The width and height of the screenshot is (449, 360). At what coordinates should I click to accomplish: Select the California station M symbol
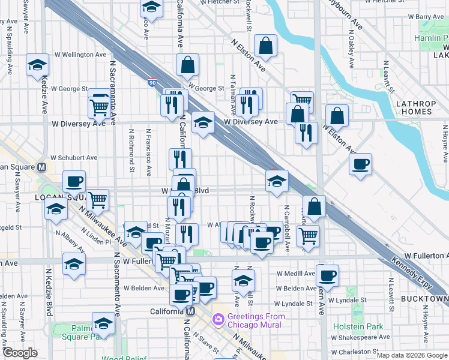190,311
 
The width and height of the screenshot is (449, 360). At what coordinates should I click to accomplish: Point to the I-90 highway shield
152,81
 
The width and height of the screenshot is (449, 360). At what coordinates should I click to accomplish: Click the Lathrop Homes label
415,108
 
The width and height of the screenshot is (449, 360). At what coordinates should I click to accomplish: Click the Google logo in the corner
20,353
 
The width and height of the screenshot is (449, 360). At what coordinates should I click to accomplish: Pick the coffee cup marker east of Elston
360,164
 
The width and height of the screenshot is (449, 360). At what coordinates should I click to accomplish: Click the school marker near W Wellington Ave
37,65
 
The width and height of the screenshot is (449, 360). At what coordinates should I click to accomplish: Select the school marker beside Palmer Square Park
103,323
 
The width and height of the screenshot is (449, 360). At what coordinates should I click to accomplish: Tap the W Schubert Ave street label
74,158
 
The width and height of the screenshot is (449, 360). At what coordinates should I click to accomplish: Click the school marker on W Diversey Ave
203,124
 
